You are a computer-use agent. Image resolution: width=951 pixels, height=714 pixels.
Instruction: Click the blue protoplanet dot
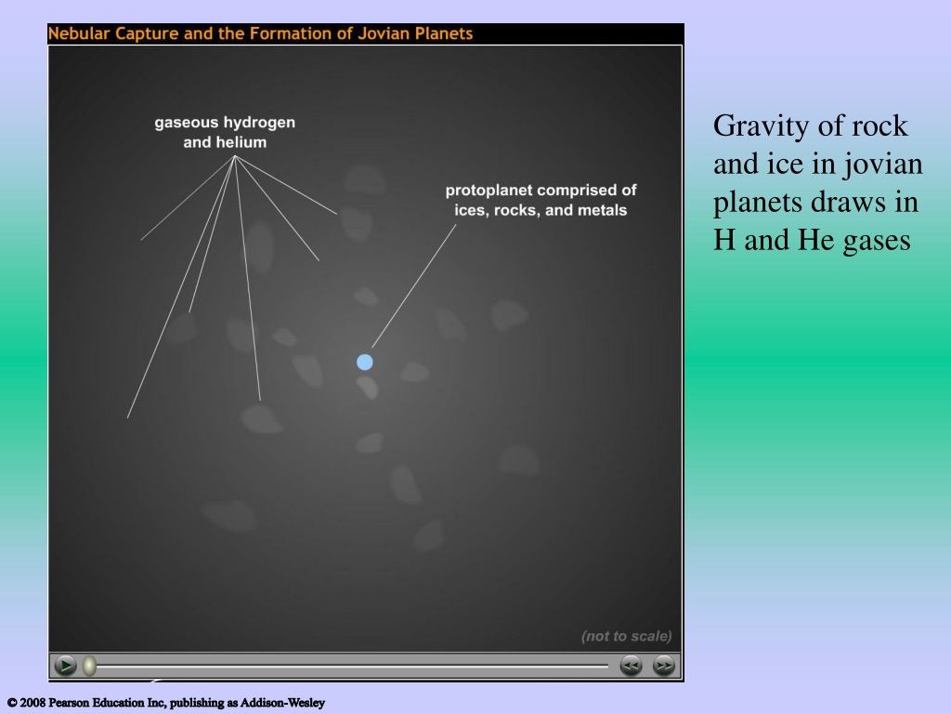(364, 363)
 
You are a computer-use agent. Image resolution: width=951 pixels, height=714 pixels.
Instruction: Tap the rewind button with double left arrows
(631, 666)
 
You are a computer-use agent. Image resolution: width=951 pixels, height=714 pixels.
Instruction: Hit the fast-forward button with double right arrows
(663, 666)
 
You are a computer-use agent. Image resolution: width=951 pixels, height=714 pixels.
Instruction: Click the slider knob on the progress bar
(89, 666)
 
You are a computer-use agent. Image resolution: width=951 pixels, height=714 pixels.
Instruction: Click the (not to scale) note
(627, 636)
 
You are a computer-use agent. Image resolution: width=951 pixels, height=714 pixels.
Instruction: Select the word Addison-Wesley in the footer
(282, 703)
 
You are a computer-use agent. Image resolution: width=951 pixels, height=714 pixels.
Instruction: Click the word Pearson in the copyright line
(69, 703)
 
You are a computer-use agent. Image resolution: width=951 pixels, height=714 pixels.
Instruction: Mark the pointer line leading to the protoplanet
(413, 286)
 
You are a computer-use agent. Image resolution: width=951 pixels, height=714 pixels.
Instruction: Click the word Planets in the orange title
(443, 33)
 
